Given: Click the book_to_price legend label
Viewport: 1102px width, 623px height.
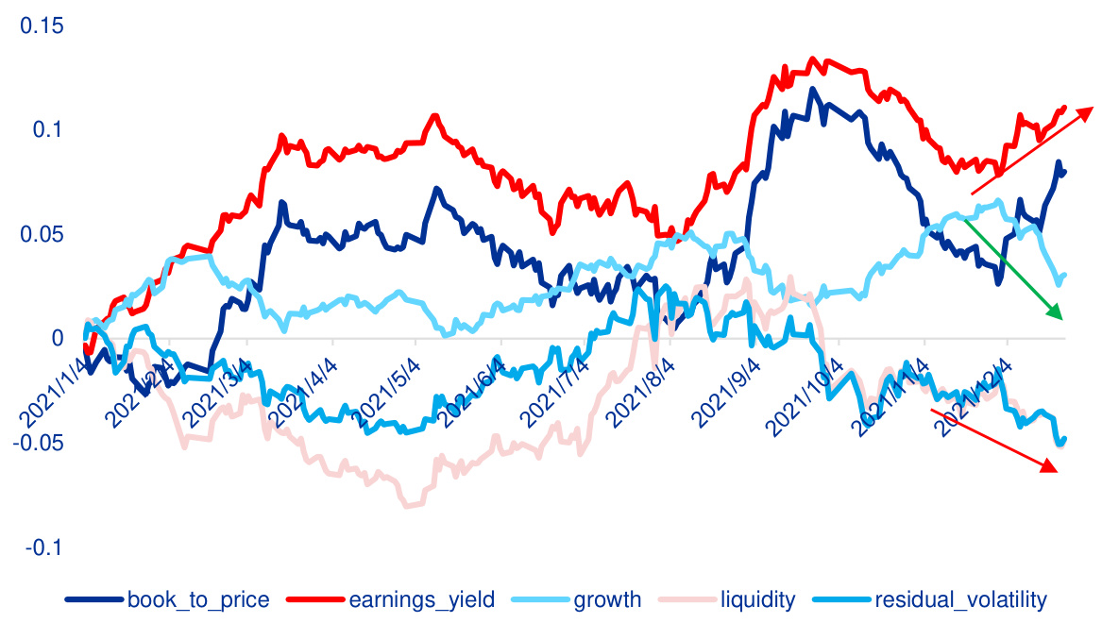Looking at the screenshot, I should [x=198, y=599].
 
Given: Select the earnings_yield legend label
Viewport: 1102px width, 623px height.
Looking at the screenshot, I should [x=419, y=599].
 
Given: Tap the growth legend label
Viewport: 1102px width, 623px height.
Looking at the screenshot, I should [x=607, y=599].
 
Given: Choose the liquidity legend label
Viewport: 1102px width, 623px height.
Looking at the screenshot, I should [x=757, y=599].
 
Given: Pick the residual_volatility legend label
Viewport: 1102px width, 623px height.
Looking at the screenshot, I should [x=961, y=599].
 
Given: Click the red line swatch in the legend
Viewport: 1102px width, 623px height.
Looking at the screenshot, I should [x=315, y=600].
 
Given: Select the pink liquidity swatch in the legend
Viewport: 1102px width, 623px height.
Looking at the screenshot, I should [x=687, y=600].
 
